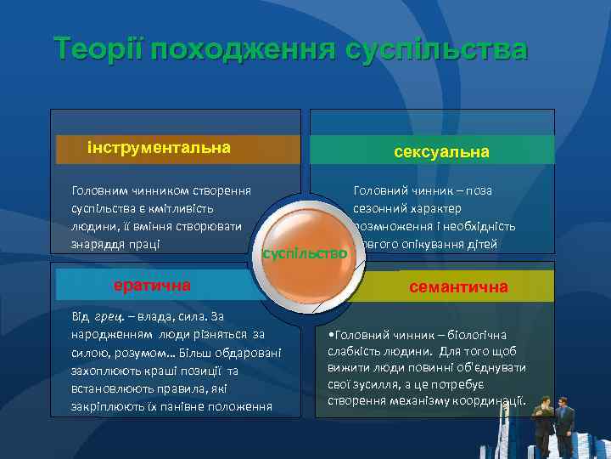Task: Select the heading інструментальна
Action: pyautogui.click(x=158, y=148)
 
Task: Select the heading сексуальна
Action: pyautogui.click(x=441, y=151)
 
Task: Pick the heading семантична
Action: pyautogui.click(x=458, y=287)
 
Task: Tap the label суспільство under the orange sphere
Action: pyautogui.click(x=305, y=253)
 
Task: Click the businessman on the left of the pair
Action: pyautogui.click(x=541, y=425)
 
